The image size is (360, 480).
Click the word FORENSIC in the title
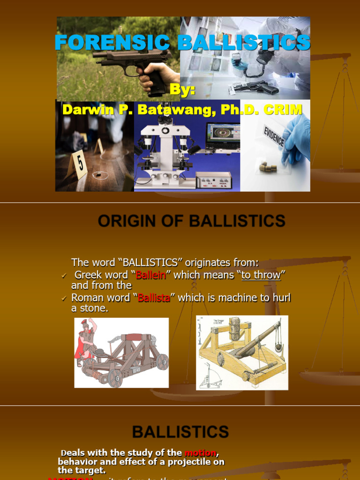(112, 43)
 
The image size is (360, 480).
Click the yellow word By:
(182, 90)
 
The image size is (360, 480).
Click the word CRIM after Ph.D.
(283, 110)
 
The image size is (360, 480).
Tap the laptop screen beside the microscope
(223, 133)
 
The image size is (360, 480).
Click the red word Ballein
(151, 275)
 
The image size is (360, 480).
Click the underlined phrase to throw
(261, 275)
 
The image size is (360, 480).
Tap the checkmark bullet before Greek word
(64, 276)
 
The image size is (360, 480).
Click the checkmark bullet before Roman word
(64, 298)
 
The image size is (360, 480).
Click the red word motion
(200, 452)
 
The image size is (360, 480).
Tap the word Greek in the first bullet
(88, 275)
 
